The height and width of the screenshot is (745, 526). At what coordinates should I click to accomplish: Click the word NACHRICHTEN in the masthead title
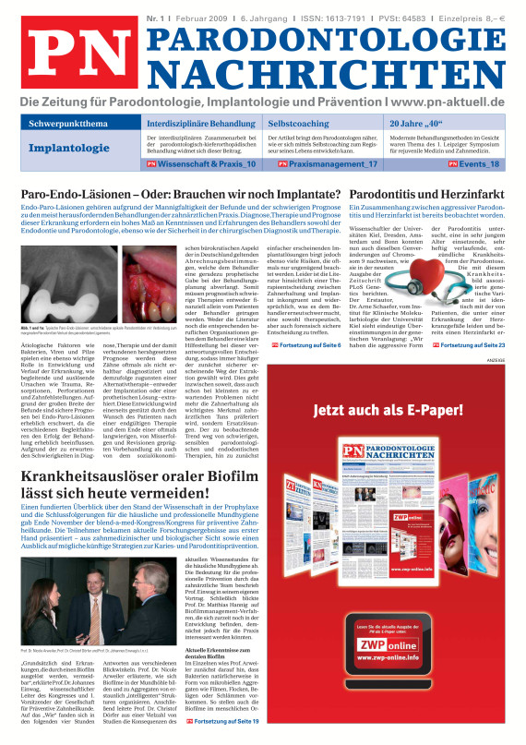click(329, 72)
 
